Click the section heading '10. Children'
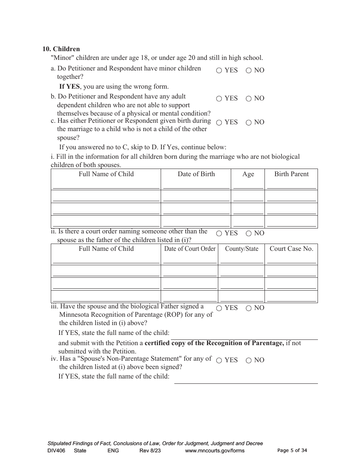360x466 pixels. coord(61,49)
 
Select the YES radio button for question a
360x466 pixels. coord(219,70)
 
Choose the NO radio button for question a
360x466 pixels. coord(249,70)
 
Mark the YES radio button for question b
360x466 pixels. coord(219,99)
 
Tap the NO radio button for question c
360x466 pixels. coord(249,122)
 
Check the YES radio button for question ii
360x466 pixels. coord(219,233)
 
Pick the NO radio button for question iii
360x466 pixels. coord(249,308)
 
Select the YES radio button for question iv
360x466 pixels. coord(219,360)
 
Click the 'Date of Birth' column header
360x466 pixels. coord(196,174)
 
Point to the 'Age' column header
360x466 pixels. coord(248,174)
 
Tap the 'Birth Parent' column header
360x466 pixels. coord(291,174)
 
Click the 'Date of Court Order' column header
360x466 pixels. coord(189,249)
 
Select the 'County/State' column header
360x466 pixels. coord(241,249)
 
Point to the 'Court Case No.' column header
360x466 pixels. coord(291,249)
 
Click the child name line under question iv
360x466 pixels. coord(246,380)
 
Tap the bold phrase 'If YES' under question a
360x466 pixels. coord(69,86)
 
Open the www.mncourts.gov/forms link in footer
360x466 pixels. coord(214,450)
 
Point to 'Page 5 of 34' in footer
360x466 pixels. coord(292,450)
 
